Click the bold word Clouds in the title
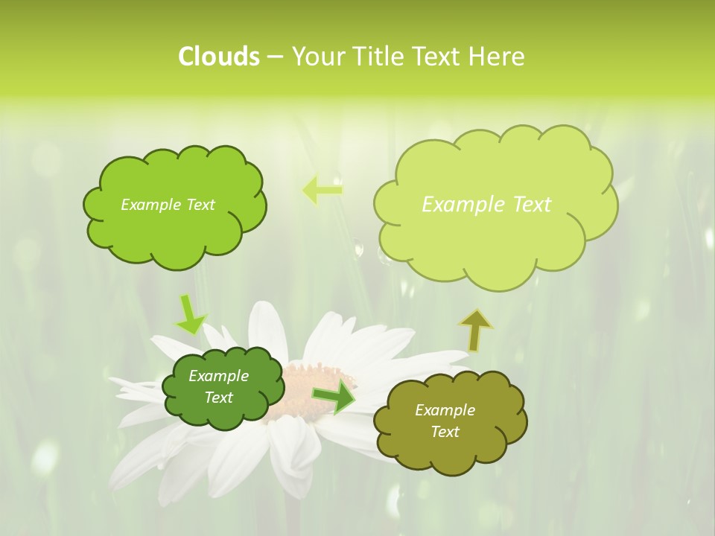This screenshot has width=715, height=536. (218, 57)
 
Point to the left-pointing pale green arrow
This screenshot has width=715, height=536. (322, 191)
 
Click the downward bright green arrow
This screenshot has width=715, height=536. (189, 314)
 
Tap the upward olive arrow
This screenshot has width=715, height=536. (475, 330)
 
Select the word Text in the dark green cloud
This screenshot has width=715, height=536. (219, 398)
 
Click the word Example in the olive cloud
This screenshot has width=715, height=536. (445, 410)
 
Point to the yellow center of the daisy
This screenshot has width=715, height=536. (305, 387)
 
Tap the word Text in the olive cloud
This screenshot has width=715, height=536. (445, 432)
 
